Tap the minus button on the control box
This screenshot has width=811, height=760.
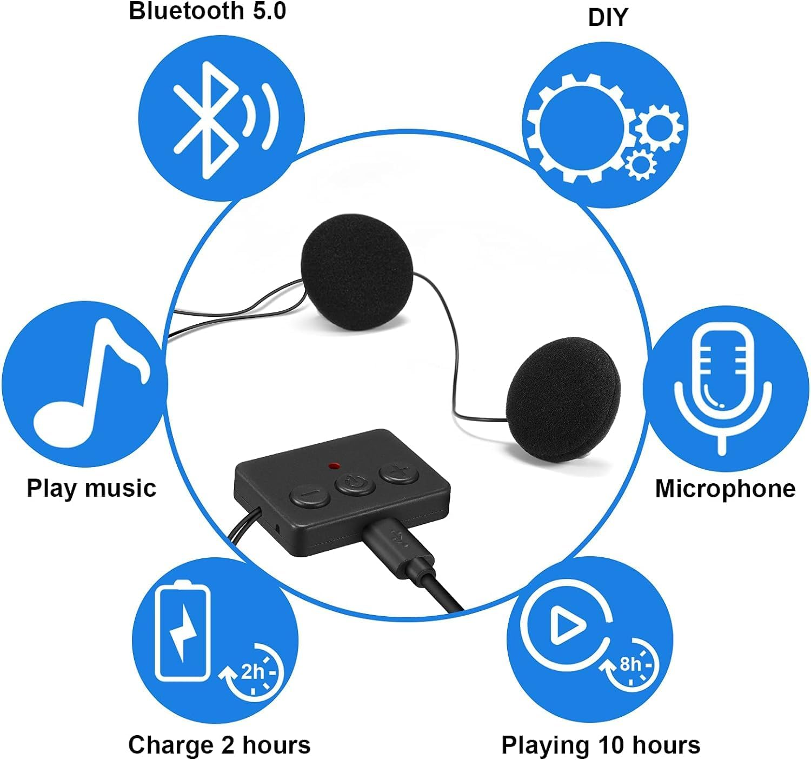click(x=310, y=495)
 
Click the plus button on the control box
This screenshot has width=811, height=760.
click(x=399, y=474)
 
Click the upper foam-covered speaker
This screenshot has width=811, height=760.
click(x=357, y=278)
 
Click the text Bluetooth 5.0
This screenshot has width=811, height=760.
click(x=208, y=11)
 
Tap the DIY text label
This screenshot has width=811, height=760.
click(x=608, y=18)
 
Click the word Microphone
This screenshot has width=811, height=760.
click(x=725, y=489)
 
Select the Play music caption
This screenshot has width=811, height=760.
click(x=91, y=488)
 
